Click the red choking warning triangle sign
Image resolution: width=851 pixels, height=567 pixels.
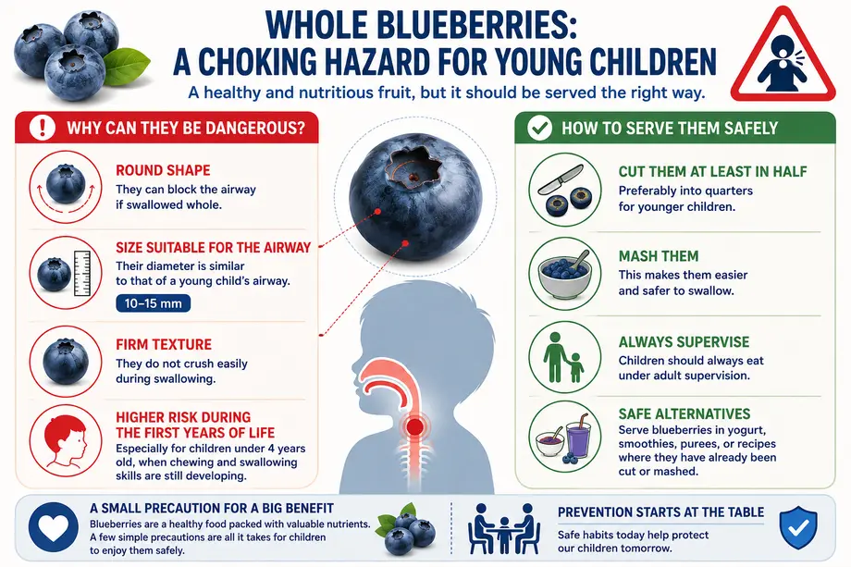click(x=783, y=57)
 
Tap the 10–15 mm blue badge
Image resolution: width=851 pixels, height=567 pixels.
click(x=153, y=303)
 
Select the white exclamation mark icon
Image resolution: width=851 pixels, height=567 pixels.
click(x=42, y=128)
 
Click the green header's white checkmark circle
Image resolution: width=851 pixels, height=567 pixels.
click(x=539, y=129)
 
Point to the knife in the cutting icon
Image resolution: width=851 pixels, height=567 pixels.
click(x=561, y=180)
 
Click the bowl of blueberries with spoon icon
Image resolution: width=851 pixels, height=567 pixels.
click(x=565, y=273)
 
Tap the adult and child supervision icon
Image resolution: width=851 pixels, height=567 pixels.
click(x=564, y=358)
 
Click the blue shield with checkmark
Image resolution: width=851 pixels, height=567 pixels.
click(x=797, y=528)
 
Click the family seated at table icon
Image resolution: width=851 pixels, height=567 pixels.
click(x=503, y=528)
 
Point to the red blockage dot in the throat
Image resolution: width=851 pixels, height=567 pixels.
click(x=414, y=427)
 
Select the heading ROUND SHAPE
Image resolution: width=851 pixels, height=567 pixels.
click(x=163, y=170)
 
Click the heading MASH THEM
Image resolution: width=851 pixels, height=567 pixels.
click(x=659, y=256)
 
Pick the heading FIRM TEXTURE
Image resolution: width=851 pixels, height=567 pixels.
click(x=164, y=344)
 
